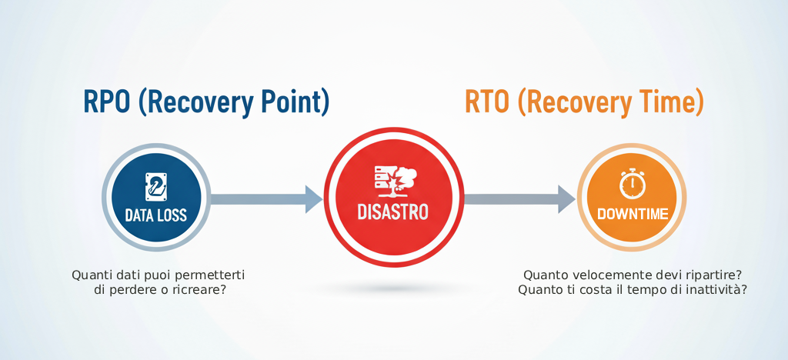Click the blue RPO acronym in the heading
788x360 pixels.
[x=107, y=102]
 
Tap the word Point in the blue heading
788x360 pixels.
[x=288, y=102]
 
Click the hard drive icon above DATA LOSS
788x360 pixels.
[x=155, y=185]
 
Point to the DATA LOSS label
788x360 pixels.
[x=155, y=215]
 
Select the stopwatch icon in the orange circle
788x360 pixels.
[x=632, y=183]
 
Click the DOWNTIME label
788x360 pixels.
[x=632, y=214]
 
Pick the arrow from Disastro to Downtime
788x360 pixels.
[x=519, y=198]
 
